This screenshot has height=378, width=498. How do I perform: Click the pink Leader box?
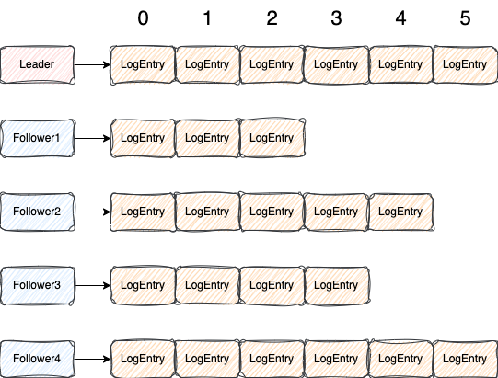point(37,64)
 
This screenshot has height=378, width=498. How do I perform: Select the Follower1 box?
point(37,138)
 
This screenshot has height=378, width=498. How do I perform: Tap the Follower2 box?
point(37,212)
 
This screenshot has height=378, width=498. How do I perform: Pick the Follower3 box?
point(37,285)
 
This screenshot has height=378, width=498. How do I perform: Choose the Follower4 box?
point(37,359)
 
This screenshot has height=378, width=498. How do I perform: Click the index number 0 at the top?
point(143,17)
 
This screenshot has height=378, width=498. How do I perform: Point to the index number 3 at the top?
point(336,18)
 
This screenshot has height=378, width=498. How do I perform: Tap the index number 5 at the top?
point(465,18)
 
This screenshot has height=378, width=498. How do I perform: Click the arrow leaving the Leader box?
point(92,64)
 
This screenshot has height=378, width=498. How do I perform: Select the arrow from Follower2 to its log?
point(92,212)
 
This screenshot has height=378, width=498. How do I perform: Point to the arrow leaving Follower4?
point(92,359)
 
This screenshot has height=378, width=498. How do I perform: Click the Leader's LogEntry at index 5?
point(465,64)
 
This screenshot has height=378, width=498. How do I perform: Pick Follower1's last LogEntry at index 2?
point(272,138)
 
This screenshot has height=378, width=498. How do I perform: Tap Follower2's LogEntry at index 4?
point(400,212)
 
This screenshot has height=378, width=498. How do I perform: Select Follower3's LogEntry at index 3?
point(336,285)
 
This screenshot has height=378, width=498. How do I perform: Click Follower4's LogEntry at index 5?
point(465,359)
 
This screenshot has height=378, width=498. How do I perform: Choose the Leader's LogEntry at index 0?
point(143,64)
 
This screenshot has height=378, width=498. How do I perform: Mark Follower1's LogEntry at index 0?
point(143,138)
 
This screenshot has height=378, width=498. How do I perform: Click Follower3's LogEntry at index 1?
point(207,285)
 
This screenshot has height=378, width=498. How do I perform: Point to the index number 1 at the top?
point(207,18)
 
